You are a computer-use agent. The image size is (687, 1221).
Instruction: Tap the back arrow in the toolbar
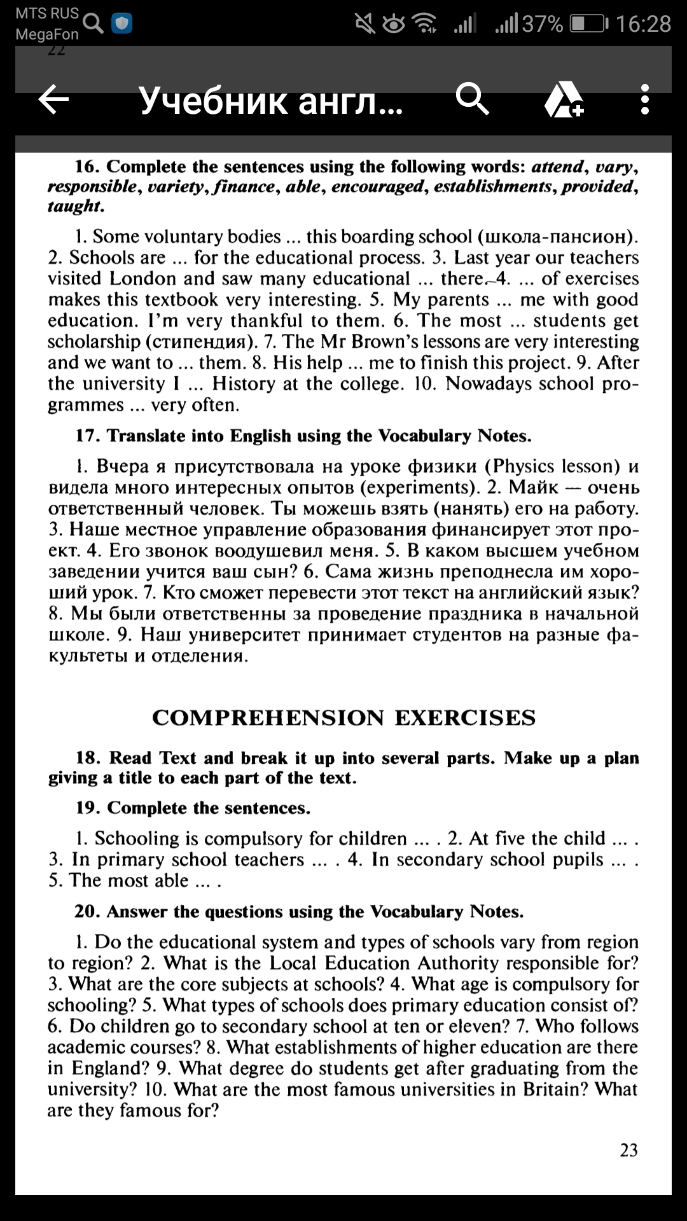click(54, 100)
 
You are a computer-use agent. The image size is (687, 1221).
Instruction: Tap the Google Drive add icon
click(564, 100)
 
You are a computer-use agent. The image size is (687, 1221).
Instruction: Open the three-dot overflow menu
click(645, 100)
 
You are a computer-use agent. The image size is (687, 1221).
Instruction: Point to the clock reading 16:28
click(643, 24)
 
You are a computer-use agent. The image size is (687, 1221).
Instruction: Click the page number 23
click(628, 1150)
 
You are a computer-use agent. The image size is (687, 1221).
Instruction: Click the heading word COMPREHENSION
click(268, 717)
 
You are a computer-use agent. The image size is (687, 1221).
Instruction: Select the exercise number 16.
click(87, 167)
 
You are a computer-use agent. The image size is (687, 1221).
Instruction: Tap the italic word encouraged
click(377, 186)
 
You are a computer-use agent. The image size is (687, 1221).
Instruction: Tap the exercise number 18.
click(88, 758)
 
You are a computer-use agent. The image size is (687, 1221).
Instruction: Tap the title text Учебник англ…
click(270, 100)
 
